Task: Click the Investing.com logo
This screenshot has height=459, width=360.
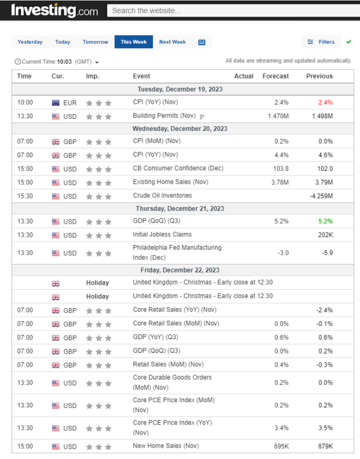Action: pos(55,10)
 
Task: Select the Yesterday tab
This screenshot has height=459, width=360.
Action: pos(30,42)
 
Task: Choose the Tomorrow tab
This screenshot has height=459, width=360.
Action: pos(95,42)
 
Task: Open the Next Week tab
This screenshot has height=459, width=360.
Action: pos(173,42)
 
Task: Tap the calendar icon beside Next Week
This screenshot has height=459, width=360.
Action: pos(202,42)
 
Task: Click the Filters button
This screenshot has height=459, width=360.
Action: pos(321,42)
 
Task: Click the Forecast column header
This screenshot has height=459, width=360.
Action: pos(276,76)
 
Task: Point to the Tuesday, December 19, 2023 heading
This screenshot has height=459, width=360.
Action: pos(180,89)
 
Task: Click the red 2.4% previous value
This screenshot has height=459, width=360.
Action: pos(326,103)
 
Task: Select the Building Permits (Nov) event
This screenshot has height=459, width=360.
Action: pos(165,116)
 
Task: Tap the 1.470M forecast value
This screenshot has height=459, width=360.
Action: pos(278,116)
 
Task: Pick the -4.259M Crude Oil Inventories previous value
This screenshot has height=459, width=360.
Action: pos(321,196)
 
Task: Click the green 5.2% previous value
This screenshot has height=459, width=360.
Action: pos(326,221)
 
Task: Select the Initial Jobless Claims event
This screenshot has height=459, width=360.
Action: pos(162,234)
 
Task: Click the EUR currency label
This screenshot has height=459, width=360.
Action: pos(70,103)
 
